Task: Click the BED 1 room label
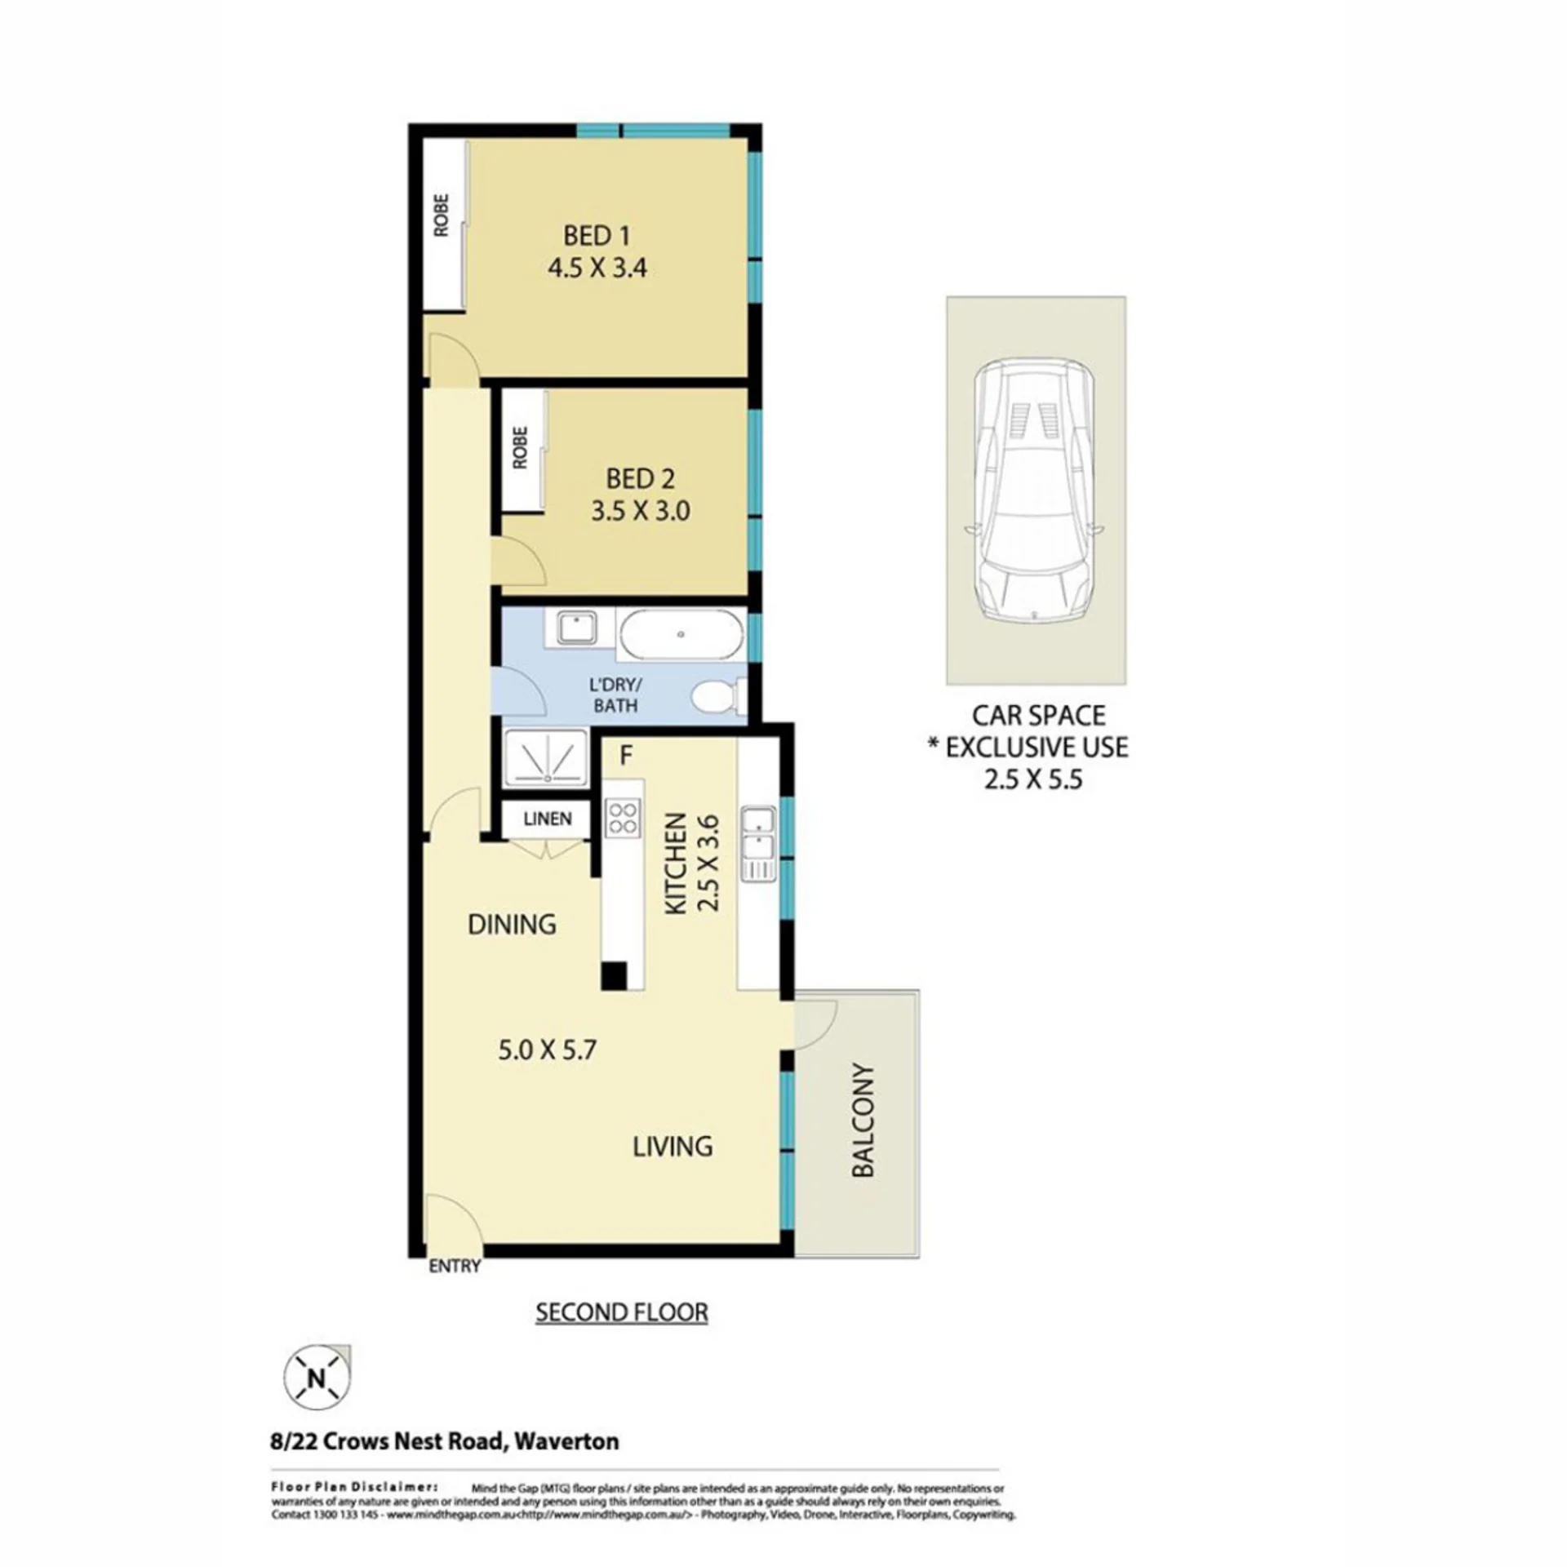click(x=597, y=236)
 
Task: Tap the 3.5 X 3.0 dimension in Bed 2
click(x=641, y=511)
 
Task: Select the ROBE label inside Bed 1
click(x=442, y=215)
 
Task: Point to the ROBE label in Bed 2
click(x=520, y=448)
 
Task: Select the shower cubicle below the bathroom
click(x=545, y=758)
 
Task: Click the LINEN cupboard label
click(x=548, y=819)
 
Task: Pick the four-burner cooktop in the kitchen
click(x=623, y=819)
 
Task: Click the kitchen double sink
click(x=758, y=844)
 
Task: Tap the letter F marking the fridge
click(x=626, y=756)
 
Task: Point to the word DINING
click(x=512, y=924)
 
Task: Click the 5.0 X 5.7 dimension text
click(x=548, y=1050)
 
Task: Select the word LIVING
click(x=673, y=1147)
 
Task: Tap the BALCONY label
click(x=863, y=1120)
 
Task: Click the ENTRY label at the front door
click(x=455, y=1267)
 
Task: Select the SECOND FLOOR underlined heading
click(x=621, y=1312)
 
